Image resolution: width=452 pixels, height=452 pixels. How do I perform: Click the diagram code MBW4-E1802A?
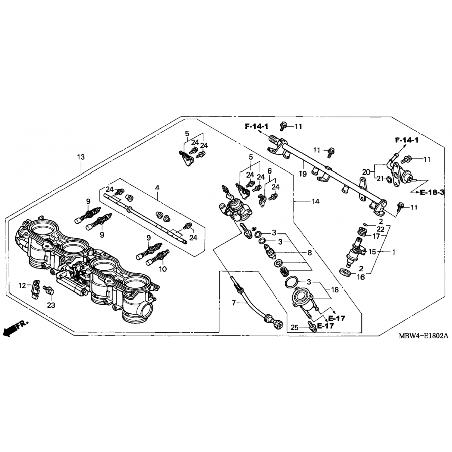coord(423,336)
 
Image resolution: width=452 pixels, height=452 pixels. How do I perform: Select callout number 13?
coord(81,157)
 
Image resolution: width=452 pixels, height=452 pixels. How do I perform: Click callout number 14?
coord(315,201)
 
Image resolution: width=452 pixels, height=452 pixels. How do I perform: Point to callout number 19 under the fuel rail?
coord(303,174)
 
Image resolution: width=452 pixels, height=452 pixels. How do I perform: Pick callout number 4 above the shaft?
coord(157,188)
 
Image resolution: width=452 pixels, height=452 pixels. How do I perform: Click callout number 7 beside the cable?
coord(234,303)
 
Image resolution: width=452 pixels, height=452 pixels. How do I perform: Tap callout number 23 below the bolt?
coord(51,305)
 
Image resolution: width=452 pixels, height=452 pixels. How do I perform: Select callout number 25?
coord(294,327)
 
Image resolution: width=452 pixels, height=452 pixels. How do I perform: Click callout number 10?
coord(163,269)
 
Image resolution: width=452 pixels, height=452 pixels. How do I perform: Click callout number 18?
coord(335,290)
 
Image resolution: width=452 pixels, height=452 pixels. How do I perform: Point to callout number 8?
coord(309,253)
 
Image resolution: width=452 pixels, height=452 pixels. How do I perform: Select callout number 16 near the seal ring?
coord(361,277)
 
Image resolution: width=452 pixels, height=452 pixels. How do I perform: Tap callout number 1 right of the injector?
coord(393,252)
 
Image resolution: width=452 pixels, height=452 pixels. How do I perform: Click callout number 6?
coord(269,171)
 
